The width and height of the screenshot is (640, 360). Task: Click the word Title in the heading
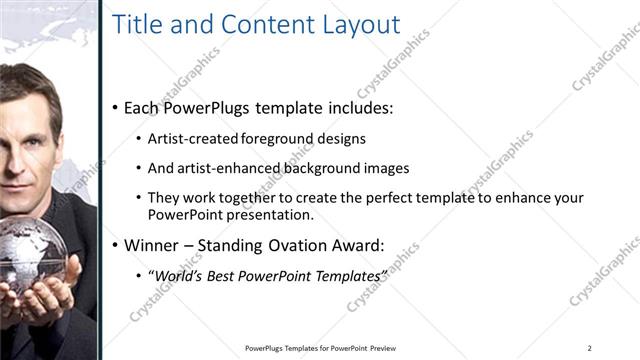[136, 25]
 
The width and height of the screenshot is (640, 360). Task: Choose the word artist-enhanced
[222, 168]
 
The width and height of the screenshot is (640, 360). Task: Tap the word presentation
[270, 214]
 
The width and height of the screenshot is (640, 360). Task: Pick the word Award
[358, 244]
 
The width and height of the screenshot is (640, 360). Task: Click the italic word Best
[225, 274]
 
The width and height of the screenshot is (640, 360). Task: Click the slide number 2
[590, 347]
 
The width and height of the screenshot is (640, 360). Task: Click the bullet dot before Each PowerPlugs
[114, 107]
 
